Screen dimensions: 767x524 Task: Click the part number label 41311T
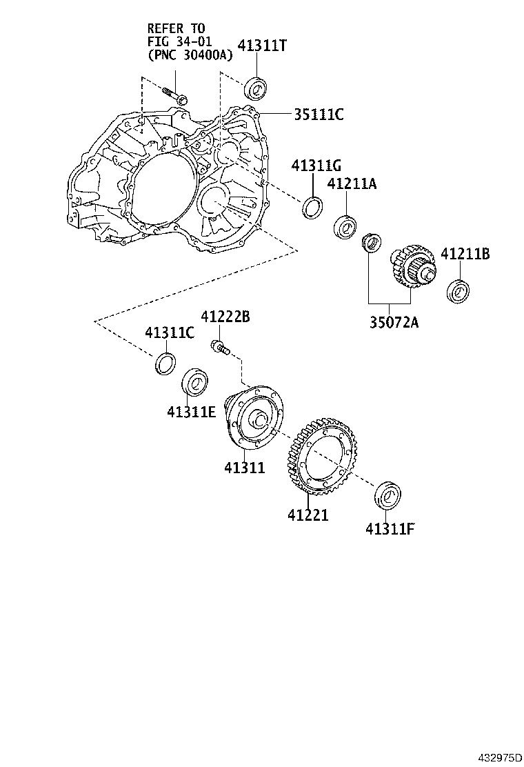pyautogui.click(x=262, y=46)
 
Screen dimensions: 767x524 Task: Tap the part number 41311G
pyautogui.click(x=316, y=166)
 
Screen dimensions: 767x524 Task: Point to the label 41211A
pyautogui.click(x=352, y=184)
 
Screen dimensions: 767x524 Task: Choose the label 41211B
pyautogui.click(x=465, y=254)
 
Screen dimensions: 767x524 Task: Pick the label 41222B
pyautogui.click(x=225, y=317)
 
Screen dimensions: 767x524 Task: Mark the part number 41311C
pyautogui.click(x=170, y=333)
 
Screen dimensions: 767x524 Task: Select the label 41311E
pyautogui.click(x=191, y=412)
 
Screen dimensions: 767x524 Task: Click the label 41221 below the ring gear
pyautogui.click(x=308, y=515)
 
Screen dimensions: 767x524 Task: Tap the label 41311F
pyautogui.click(x=390, y=529)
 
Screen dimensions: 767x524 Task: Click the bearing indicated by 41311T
pyautogui.click(x=256, y=88)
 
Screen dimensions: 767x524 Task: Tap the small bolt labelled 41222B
pyautogui.click(x=219, y=346)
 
